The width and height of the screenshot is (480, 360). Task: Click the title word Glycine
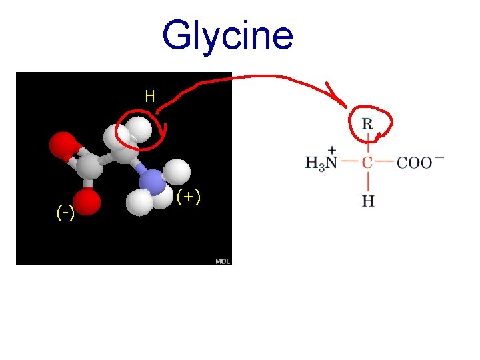click(227, 35)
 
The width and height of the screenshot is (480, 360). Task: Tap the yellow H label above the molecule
click(150, 97)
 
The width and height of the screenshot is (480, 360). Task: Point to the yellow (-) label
click(65, 213)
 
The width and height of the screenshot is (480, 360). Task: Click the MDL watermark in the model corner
click(223, 261)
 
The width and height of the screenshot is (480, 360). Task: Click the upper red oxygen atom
click(63, 145)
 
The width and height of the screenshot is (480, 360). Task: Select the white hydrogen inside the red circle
click(139, 129)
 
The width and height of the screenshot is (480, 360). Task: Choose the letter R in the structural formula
click(367, 123)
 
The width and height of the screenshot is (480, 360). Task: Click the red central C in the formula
click(367, 162)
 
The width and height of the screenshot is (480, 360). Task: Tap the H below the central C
click(368, 201)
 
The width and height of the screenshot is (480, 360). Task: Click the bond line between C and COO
click(385, 162)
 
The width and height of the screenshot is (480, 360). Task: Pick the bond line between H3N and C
click(351, 162)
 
